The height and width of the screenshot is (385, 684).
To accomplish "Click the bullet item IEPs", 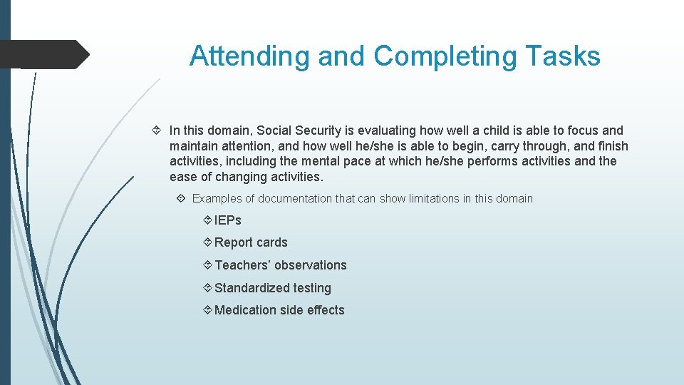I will [228, 220].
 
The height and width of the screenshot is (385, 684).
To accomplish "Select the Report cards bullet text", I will [251, 242].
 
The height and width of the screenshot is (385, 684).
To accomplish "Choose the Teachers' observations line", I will [280, 265].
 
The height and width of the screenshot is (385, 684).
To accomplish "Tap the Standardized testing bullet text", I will [272, 288].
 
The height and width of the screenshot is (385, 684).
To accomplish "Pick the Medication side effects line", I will [279, 310].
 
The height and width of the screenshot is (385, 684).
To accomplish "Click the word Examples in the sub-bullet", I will [216, 198].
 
